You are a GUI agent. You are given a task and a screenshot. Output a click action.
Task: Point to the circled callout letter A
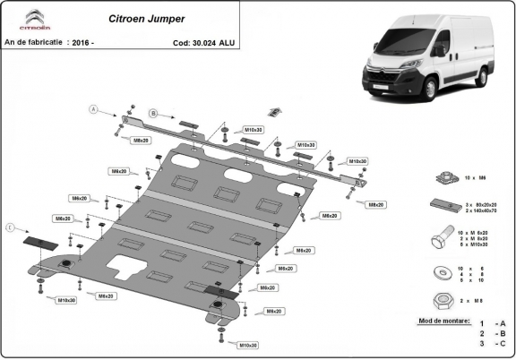click(92, 109)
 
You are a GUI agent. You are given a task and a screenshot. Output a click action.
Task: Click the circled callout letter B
click(153, 114)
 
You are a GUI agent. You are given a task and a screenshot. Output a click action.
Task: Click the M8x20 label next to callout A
click(141, 141)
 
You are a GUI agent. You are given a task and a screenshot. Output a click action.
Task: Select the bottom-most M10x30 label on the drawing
click(248, 345)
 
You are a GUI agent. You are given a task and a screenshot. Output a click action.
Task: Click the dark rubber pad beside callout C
click(39, 242)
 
